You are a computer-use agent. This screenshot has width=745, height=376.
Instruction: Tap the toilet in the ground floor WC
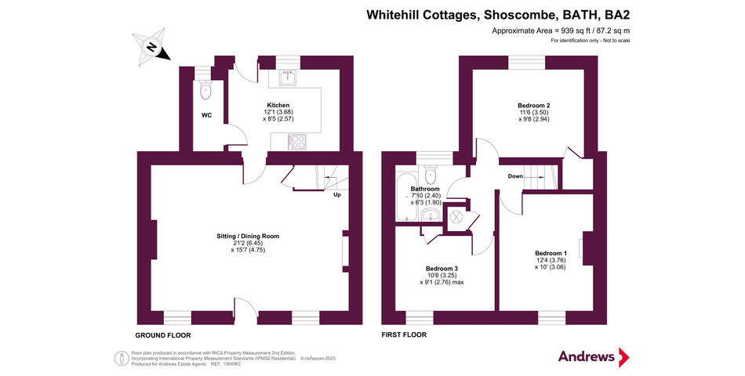tap(205, 90)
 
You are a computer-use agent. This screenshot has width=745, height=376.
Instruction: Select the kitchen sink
tap(288, 78)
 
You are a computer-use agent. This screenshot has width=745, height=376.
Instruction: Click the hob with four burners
tap(297, 141)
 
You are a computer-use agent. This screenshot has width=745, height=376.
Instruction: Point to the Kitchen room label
tap(278, 105)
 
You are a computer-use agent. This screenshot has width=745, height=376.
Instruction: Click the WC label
tap(207, 115)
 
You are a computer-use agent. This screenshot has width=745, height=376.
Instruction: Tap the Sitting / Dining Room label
tap(248, 236)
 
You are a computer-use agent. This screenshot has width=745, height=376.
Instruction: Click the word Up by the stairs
tap(337, 194)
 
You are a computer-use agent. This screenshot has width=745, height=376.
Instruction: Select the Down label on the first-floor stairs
tap(515, 176)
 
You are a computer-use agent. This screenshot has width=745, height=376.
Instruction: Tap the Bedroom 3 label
tap(442, 268)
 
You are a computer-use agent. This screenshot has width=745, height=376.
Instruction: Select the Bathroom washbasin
tap(431, 215)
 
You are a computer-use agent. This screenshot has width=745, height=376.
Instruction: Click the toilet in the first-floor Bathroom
tap(431, 174)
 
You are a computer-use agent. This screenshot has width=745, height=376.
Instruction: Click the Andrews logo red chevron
tap(623, 357)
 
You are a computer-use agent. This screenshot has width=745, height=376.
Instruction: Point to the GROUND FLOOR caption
tap(163, 335)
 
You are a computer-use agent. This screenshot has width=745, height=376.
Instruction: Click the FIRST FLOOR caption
tap(404, 334)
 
